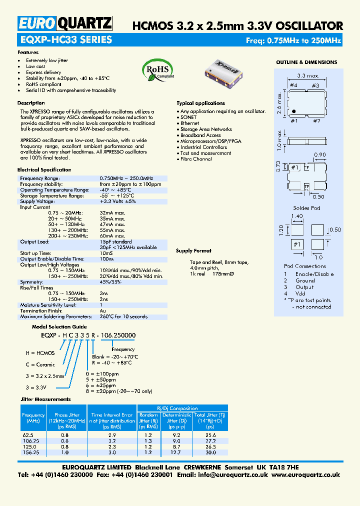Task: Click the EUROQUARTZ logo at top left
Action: (65, 23)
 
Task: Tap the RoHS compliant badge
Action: (158, 70)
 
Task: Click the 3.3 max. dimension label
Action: (308, 75)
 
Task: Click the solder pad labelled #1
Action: (297, 244)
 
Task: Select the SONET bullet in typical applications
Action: (188, 117)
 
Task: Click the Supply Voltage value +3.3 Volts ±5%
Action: (117, 201)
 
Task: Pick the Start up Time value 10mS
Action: (105, 253)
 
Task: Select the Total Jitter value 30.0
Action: (210, 452)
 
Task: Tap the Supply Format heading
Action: (193, 251)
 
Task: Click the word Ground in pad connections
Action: (305, 281)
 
